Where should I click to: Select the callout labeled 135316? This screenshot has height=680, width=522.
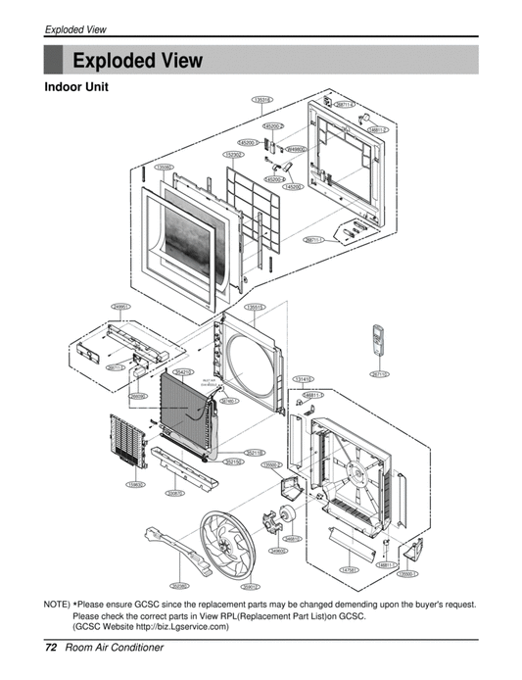261,100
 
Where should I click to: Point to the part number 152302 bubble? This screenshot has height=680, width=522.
234,154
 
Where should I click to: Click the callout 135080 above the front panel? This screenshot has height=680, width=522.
164,168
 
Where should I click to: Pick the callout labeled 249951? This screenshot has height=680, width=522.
121,307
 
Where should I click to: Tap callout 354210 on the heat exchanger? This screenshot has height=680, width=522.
183,372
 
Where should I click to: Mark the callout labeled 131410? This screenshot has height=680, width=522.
303,378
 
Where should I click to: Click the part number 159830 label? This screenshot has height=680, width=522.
135,483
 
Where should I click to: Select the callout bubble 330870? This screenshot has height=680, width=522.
175,493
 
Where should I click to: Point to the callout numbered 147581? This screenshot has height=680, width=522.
349,569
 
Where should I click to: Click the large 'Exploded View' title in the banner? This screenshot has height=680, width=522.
137,61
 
